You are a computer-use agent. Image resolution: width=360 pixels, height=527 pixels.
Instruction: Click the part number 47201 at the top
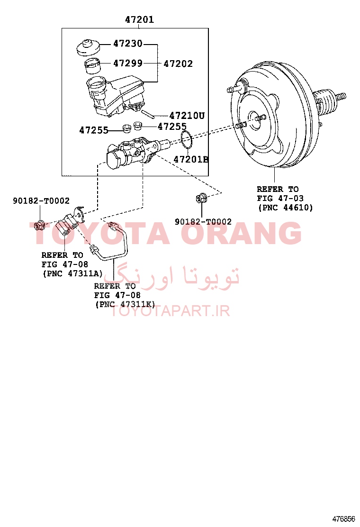tap(139, 19)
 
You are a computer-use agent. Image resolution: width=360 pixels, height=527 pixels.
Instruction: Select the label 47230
tap(127, 43)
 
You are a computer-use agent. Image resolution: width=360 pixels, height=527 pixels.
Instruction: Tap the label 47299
tap(127, 63)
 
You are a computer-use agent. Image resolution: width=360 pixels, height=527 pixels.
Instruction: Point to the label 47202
tap(178, 64)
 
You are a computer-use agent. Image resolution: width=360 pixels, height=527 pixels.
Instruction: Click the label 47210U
tap(187, 116)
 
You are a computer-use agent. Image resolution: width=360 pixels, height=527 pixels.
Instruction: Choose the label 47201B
tap(191, 159)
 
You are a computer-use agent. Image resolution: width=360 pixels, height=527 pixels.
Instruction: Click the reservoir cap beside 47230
tap(88, 47)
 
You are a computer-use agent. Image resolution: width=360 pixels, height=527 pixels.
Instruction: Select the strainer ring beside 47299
tap(92, 66)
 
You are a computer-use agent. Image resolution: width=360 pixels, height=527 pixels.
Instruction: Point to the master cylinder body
tap(135, 153)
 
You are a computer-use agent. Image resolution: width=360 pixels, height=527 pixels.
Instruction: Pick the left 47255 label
tap(94, 130)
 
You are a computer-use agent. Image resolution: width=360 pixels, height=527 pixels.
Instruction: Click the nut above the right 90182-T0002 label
tap(201, 198)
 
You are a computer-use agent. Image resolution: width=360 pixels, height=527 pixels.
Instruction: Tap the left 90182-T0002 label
tap(41, 200)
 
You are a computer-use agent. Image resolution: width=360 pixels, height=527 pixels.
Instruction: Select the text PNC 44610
tap(286, 208)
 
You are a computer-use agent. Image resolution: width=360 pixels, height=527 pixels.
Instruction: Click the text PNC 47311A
tap(72, 273)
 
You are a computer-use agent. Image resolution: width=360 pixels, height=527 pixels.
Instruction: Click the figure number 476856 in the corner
tap(343, 518)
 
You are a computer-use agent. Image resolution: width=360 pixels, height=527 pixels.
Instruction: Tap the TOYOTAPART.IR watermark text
tap(170, 311)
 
